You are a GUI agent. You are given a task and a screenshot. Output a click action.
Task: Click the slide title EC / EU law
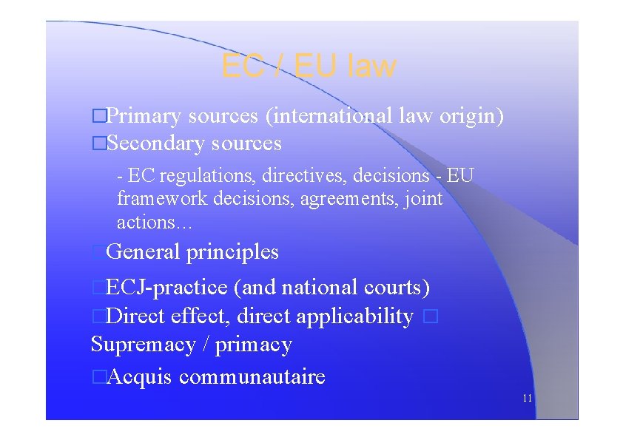[309, 67]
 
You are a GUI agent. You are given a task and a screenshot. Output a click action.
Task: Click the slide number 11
[527, 398]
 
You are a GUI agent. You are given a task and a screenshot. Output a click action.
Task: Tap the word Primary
[144, 116]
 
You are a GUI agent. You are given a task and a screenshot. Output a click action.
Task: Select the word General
[143, 252]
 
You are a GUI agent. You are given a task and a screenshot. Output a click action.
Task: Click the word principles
[232, 252]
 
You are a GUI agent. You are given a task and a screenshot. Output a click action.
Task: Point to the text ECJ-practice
[167, 287]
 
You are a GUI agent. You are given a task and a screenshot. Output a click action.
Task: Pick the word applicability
[354, 317]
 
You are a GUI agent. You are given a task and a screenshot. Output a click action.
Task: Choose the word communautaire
[252, 377]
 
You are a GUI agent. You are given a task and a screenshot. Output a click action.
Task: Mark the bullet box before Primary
[97, 116]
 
